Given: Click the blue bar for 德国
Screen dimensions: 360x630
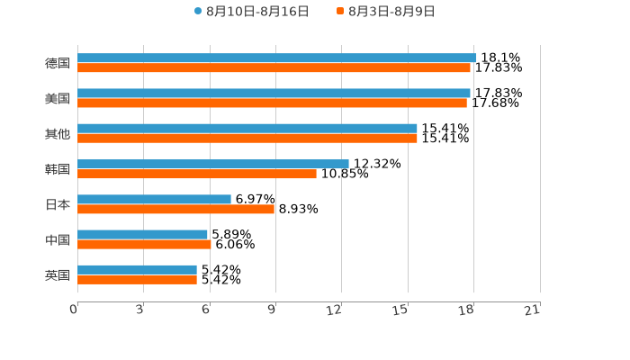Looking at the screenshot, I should [x=276, y=58].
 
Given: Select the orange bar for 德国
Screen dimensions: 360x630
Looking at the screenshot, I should [x=274, y=67].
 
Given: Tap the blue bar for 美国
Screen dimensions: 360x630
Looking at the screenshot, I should [x=274, y=93].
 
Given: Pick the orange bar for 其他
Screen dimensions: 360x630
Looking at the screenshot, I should [x=247, y=138].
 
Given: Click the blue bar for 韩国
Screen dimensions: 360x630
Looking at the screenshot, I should [x=213, y=164].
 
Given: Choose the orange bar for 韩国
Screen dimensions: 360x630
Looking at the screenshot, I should [x=197, y=174].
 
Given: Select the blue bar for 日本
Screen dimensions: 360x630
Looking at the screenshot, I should [x=154, y=199].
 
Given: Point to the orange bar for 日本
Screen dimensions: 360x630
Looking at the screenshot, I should [x=175, y=209].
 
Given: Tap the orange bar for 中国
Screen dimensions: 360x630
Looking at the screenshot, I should [x=144, y=244].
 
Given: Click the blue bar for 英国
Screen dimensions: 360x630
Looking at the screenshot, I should [x=137, y=269].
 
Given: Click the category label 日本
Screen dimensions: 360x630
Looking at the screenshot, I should [x=58, y=204].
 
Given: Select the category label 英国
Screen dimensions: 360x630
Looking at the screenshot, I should [x=58, y=274].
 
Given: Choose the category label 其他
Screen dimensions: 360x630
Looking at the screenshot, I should [x=58, y=133].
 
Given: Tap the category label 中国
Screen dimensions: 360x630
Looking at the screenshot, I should [x=58, y=239].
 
